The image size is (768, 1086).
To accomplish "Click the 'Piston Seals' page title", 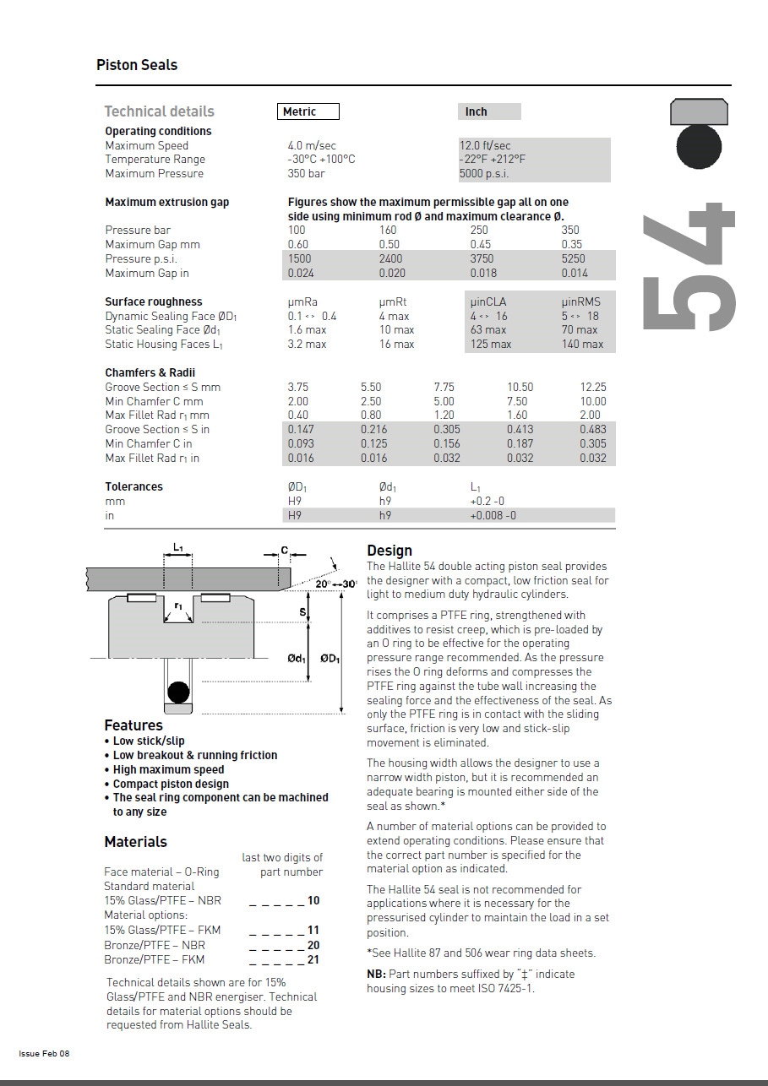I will coord(137,65).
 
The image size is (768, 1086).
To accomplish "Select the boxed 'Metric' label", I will coord(308,111).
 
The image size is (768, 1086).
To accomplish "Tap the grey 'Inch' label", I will coord(477,111).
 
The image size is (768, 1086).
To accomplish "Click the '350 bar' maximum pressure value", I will coord(306,174).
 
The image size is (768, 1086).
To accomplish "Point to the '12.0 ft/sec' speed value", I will coord(485,145).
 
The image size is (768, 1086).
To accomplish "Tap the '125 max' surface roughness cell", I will coord(491,344).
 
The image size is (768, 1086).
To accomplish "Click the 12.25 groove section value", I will coord(593,387).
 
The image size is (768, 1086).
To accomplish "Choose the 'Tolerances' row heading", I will coord(133,486).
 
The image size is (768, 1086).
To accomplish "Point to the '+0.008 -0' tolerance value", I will coord(493,515).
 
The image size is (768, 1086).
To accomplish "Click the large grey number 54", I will coord(689,266).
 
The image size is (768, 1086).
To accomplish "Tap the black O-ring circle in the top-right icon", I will coord(699,145).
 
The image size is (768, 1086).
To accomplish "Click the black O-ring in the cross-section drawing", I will coord(178,692).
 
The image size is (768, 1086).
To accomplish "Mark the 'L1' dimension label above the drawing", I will coord(178,548).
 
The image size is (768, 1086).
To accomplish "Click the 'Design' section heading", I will coord(389,551).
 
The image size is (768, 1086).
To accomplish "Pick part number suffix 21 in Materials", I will coord(313,959).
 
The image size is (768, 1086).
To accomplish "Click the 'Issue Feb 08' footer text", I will coord(44,1053).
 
